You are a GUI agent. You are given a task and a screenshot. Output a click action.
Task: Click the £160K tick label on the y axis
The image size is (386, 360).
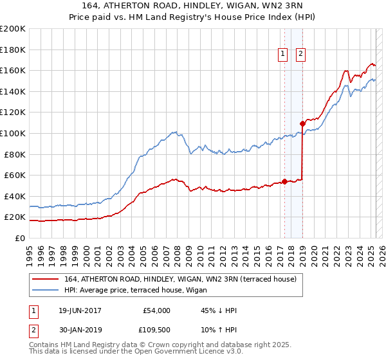point(13,70)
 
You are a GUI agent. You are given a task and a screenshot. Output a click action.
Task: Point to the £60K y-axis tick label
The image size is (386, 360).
point(14,175)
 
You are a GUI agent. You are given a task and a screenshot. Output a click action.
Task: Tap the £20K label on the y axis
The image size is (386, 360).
point(14,217)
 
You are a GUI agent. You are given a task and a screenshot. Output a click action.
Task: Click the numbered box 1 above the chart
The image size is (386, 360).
point(283,55)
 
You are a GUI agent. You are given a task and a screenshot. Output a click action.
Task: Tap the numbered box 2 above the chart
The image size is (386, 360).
point(300,55)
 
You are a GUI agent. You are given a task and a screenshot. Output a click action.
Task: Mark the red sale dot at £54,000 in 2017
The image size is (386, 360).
point(284,181)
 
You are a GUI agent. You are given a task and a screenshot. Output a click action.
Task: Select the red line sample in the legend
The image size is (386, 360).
point(45,279)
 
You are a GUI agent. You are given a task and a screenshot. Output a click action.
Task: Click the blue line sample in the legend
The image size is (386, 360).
point(45,289)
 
